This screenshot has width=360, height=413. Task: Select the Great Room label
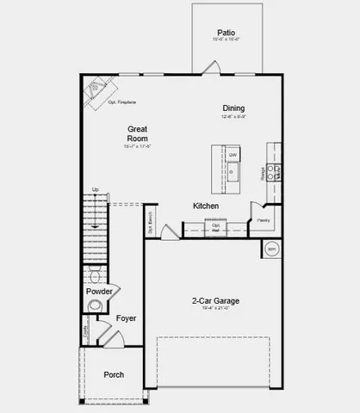[139, 133]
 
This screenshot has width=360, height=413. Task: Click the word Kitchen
[205, 206]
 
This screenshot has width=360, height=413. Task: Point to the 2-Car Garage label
[215, 301]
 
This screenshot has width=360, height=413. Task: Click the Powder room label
[99, 292]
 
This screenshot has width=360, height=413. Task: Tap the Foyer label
[127, 318]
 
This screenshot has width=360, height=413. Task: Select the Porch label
[114, 374]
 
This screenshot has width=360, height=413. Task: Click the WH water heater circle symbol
[272, 249]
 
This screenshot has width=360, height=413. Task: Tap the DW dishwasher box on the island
[233, 155]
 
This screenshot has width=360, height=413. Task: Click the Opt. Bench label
[151, 225]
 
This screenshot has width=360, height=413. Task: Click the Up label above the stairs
[95, 189]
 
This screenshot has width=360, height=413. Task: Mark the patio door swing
[211, 67]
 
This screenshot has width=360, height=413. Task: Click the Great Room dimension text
[139, 147]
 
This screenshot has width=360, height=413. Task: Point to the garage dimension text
[215, 311]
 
